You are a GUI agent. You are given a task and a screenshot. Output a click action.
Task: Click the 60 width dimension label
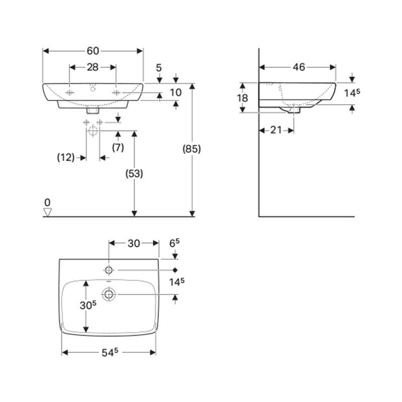pos(93,51)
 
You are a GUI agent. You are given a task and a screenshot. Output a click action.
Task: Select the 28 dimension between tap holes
pos(92,67)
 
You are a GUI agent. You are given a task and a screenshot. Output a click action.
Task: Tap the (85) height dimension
pos(192,149)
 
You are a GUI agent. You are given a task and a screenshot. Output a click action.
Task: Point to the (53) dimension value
pos(134,173)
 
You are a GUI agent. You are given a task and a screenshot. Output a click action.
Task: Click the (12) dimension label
pos(65,158)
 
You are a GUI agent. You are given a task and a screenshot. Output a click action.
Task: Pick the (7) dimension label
pos(118,148)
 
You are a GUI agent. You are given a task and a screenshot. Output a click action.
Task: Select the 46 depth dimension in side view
pos(298,67)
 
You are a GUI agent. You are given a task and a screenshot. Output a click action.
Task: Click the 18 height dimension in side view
pos(243,98)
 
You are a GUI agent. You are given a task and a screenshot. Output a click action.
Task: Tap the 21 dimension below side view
pos(276,130)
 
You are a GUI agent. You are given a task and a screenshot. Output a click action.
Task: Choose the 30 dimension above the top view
pos(133,243)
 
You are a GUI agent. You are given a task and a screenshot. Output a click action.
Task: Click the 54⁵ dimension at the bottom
pos(109,352)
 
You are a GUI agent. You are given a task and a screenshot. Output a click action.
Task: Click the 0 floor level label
pos(47,202)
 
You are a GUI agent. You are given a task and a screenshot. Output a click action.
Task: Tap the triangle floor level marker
pos(48,212)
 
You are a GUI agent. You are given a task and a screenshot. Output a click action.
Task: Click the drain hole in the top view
pos(109,294)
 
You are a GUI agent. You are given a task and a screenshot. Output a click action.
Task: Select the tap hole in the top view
pos(109,270)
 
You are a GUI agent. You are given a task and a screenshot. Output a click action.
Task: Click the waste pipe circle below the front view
pos(92,132)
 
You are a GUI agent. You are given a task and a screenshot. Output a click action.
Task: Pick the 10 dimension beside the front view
pos(175,92)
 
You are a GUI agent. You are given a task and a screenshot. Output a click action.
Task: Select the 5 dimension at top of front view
pos(159,67)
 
